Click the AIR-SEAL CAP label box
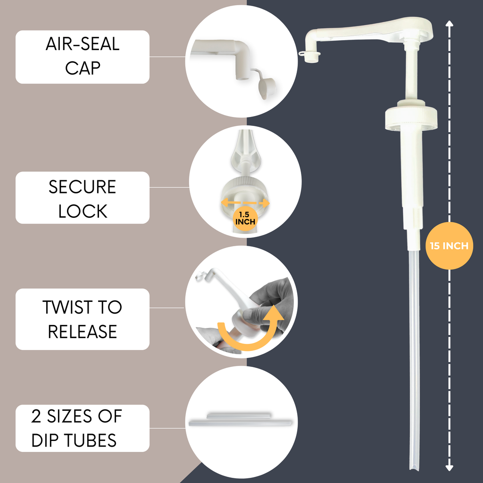(x=83, y=57)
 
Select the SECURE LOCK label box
(x=83, y=198)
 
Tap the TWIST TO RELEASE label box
(x=83, y=319)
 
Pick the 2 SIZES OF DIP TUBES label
(x=83, y=428)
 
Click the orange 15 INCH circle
(x=449, y=246)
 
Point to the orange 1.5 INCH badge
(x=245, y=218)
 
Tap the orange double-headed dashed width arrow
(x=245, y=203)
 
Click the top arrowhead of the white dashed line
(x=450, y=24)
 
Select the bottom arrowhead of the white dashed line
(x=450, y=467)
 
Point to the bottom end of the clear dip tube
(x=414, y=467)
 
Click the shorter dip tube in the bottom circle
(x=239, y=416)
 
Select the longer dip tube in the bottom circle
(x=241, y=423)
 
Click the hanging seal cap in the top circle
(x=266, y=87)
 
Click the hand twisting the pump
(x=267, y=308)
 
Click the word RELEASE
(x=83, y=332)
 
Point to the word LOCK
(x=83, y=211)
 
